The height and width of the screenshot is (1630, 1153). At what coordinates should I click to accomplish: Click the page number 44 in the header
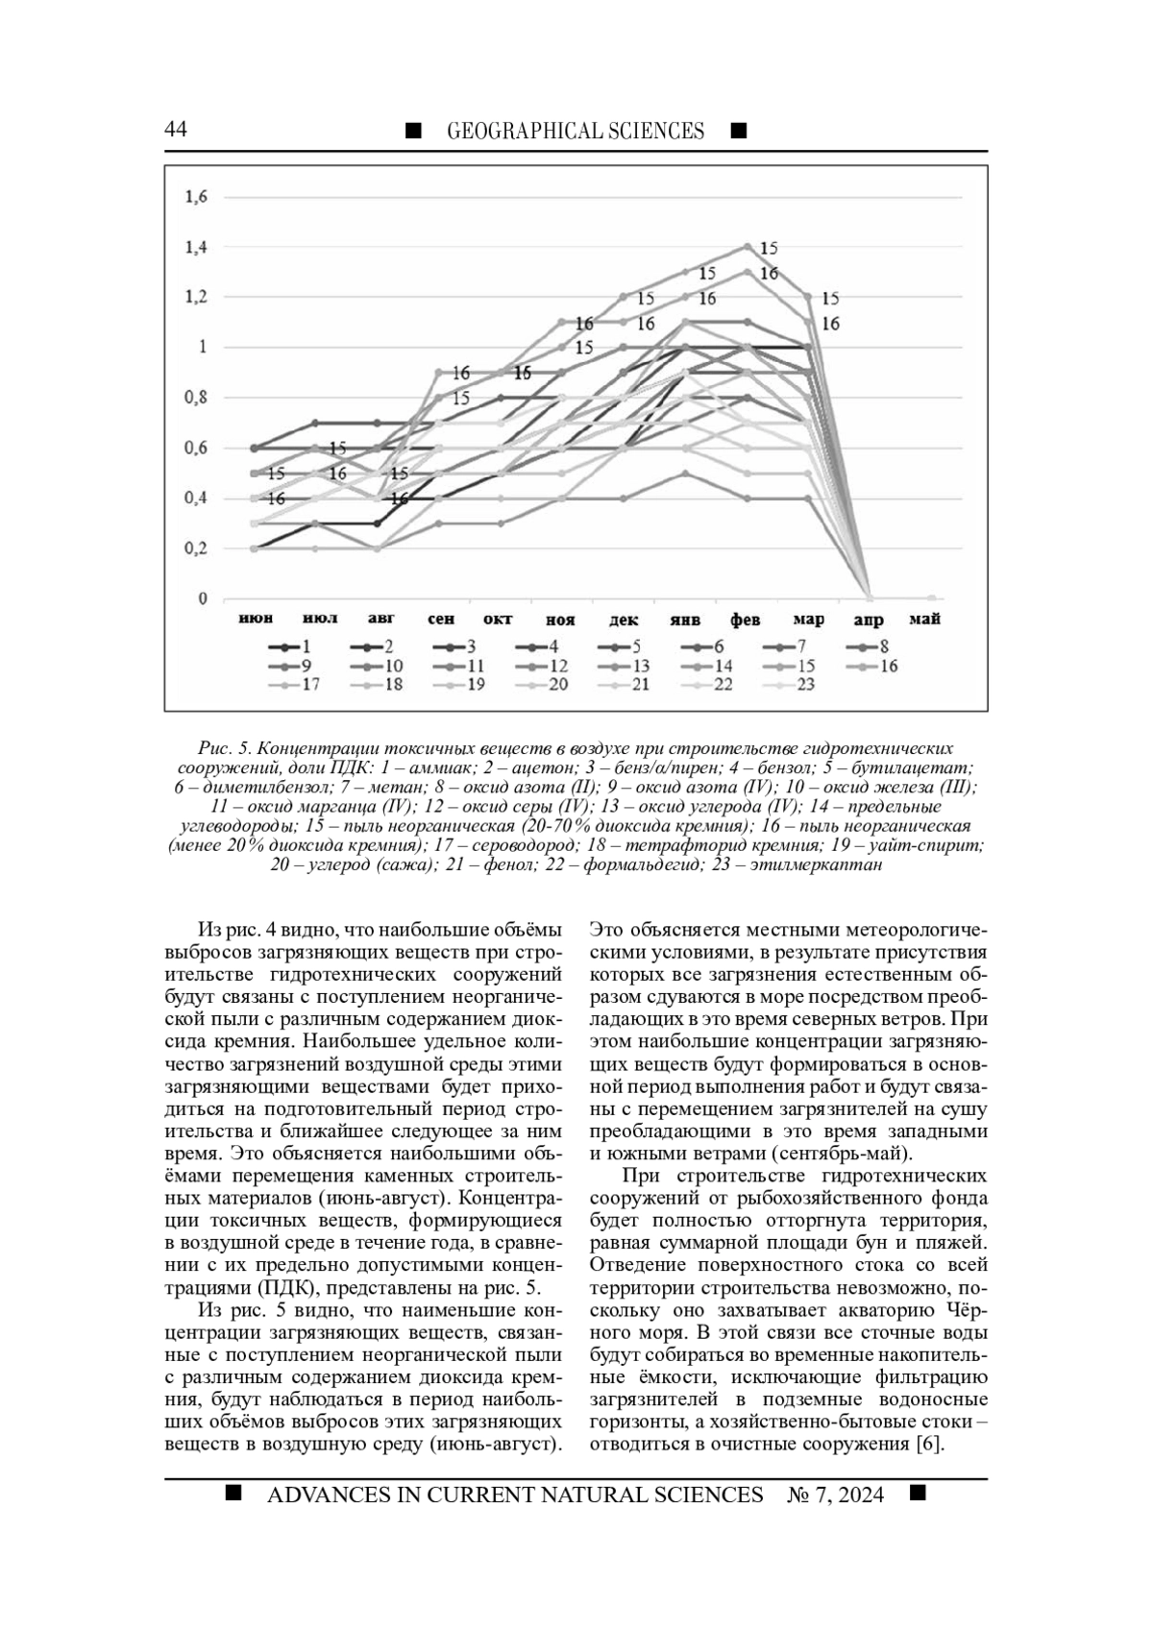176,131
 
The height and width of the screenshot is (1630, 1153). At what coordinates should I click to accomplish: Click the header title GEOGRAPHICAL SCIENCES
576,132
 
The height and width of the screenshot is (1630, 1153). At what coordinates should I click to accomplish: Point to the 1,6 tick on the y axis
196,197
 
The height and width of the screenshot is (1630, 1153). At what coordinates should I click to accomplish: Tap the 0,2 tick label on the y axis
196,548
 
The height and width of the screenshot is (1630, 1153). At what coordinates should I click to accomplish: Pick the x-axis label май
923,620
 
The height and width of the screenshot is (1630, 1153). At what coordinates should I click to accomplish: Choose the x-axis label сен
441,620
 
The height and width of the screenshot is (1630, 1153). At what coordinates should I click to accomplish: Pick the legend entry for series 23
793,685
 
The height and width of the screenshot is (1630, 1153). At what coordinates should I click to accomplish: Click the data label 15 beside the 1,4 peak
769,248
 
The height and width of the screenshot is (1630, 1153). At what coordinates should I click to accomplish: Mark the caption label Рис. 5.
224,748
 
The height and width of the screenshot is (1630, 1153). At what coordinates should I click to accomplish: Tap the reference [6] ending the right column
929,1445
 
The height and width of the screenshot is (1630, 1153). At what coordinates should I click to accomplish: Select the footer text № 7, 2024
835,1496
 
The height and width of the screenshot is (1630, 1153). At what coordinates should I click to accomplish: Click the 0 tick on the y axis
203,599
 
